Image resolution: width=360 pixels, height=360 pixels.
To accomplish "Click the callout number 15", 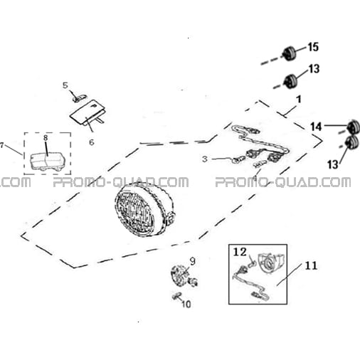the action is coord(313,47).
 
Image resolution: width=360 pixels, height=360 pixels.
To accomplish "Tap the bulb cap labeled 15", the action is coord(290,53).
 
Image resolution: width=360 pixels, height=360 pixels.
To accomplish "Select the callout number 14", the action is coord(317,127).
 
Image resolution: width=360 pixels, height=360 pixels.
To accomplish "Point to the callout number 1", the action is coord(299,99).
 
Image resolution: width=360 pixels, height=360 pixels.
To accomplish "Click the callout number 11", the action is coord(311,266).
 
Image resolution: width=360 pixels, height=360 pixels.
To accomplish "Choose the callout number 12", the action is coord(240,252).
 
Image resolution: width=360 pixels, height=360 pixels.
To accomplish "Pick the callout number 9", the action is coord(193,261).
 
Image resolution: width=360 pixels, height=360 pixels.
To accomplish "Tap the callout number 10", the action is coord(186,304).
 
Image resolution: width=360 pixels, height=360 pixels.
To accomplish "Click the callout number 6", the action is coord(92,142).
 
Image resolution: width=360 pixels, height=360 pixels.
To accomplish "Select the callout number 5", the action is coord(65,85).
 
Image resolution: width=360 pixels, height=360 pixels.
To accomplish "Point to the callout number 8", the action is coord(46,137).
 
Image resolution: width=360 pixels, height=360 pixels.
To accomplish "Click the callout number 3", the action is coord(205,159).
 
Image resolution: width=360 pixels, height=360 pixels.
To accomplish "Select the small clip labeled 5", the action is coord(80,97).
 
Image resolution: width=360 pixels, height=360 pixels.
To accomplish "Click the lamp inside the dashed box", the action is coord(48,162).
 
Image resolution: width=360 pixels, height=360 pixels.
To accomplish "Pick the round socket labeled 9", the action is coord(179,275).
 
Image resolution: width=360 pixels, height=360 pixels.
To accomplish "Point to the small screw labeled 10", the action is coord(176,296).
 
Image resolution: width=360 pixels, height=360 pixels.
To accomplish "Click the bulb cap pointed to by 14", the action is coord(354,126).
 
